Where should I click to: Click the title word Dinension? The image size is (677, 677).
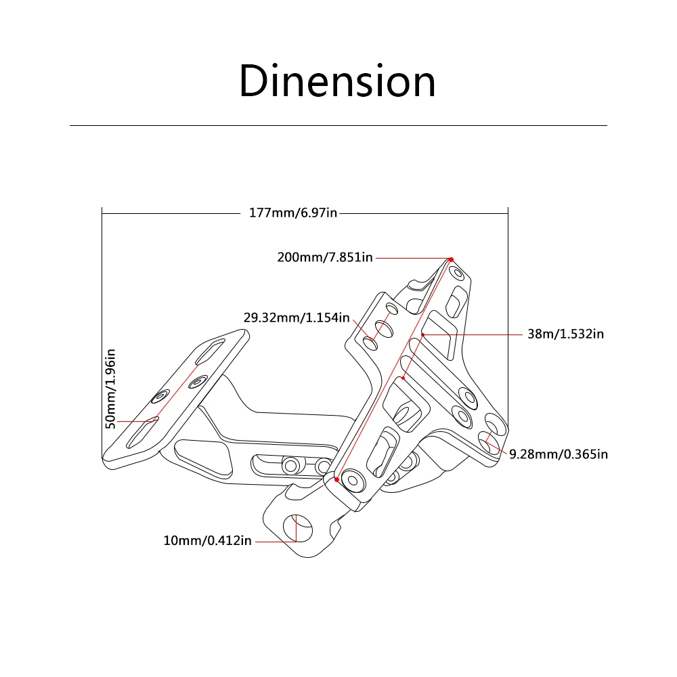coord(337,81)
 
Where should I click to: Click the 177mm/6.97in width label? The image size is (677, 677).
coord(292,213)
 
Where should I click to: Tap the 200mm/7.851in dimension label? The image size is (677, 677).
coord(325,257)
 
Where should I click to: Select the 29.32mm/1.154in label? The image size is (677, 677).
coord(297,317)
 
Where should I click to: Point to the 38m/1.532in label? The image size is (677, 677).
coord(565,334)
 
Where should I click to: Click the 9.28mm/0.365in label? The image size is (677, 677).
coord(558,454)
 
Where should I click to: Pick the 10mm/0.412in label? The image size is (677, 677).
coord(207,540)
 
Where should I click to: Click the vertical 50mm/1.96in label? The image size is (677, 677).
coord(111,387)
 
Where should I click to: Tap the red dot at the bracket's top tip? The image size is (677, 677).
coord(450,259)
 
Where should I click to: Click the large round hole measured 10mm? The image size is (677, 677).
coord(302,527)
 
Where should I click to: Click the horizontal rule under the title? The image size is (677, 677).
coord(338,125)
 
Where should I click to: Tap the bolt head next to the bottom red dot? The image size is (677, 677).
coord(353,480)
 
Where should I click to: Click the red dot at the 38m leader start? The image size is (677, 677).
coord(422,334)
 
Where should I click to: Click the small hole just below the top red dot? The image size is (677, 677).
coord(458,274)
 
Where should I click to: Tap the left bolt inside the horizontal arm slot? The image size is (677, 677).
coord(292,465)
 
